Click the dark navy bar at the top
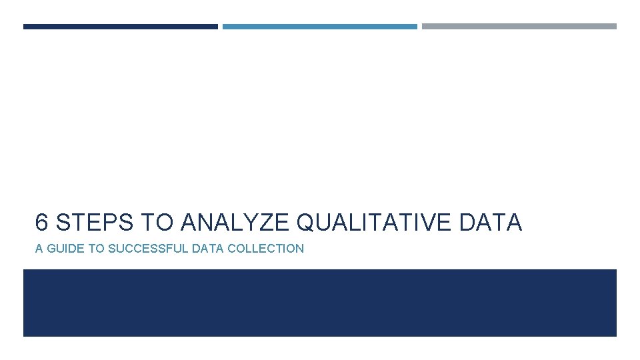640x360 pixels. coord(120,27)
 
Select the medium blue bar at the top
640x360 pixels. coord(319,27)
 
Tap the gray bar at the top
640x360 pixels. coord(519,27)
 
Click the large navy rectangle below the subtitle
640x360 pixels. coord(319,303)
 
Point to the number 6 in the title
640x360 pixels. coord(42,223)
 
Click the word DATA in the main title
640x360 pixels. coord(491,223)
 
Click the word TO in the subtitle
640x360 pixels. coord(97,249)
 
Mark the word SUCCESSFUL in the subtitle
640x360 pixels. coord(148,249)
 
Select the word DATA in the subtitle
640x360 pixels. coord(208,249)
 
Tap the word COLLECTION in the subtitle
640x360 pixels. coord(265,249)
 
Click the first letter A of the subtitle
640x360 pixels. coord(39,249)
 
